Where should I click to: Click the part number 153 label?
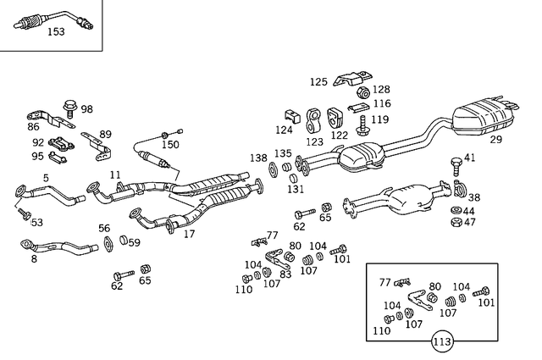tap(55, 32)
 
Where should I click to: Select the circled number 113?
tap(441, 342)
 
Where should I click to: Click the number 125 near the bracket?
tap(318, 82)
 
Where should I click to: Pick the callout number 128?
tap(381, 89)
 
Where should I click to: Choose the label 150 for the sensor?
tap(171, 145)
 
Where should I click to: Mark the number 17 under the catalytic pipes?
tap(190, 234)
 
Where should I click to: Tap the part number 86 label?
tap(33, 126)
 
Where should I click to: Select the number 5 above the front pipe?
tap(46, 178)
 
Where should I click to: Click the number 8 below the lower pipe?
tap(34, 259)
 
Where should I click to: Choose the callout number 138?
tap(258, 158)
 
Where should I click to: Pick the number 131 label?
tap(295, 189)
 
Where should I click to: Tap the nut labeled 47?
tap(456, 223)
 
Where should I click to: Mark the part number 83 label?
tap(285, 274)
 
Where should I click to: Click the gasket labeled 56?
tap(109, 244)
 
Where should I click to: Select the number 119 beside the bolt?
tap(380, 119)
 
